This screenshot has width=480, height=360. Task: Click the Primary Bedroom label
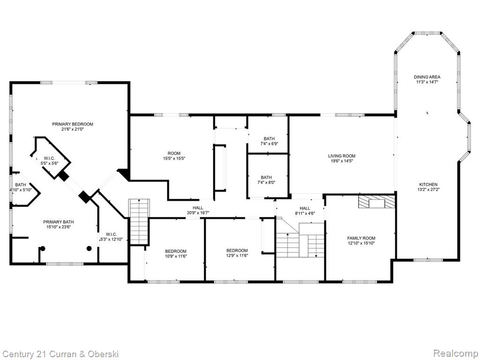(73, 127)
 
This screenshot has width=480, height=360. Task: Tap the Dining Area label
(427, 79)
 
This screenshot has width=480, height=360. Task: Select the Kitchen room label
(428, 187)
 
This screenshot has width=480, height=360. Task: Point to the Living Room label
(342, 158)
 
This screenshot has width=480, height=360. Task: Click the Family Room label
(361, 240)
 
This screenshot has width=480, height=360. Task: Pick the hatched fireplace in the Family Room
(376, 202)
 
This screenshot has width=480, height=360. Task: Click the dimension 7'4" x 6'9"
(269, 143)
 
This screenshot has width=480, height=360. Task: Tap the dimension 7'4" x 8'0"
(266, 182)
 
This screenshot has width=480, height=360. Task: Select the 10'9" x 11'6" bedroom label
(176, 254)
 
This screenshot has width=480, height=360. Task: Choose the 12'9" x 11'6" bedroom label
(237, 253)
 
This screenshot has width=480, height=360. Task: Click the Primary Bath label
(58, 225)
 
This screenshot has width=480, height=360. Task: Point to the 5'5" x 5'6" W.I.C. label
(49, 161)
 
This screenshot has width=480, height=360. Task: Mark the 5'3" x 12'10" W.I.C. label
(112, 237)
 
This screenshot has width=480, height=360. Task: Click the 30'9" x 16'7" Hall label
(198, 210)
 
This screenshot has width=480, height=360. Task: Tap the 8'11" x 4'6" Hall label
(305, 210)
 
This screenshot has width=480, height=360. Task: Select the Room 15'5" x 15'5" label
(174, 156)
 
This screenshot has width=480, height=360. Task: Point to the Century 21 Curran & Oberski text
(60, 354)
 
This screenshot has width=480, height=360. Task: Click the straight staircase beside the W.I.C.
(139, 221)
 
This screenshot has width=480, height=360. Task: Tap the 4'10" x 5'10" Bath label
(21, 187)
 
